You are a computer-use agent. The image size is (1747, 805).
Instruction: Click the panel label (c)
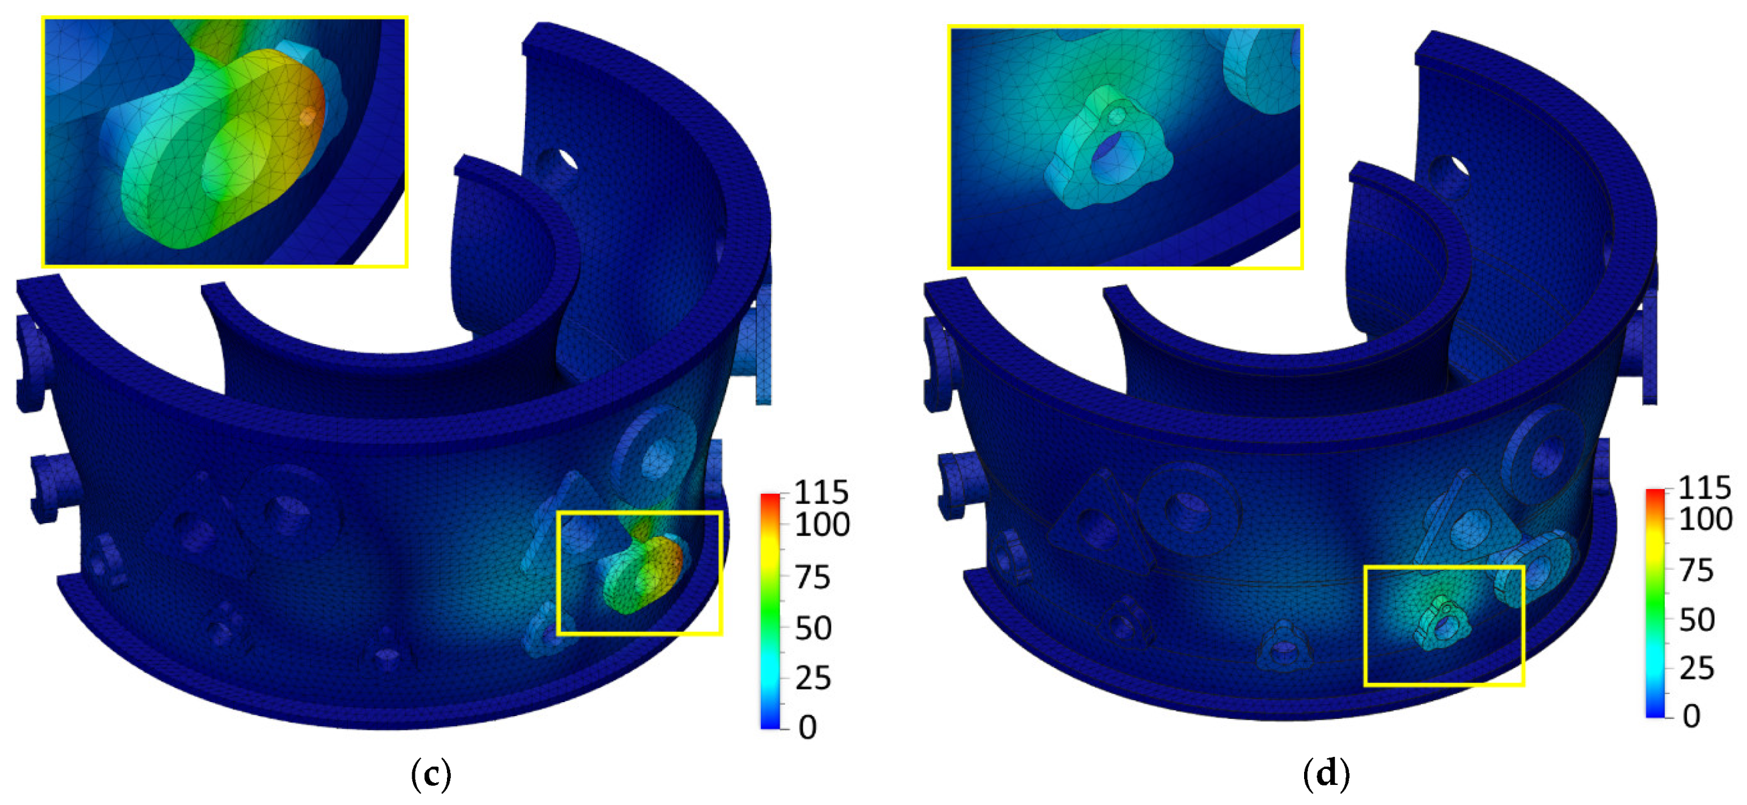432,774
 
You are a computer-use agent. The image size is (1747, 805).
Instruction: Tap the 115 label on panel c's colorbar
821,492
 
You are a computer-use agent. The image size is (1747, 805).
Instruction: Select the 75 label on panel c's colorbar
812,577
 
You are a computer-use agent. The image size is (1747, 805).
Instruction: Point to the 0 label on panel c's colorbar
808,727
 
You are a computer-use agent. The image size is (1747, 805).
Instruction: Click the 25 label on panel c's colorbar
812,677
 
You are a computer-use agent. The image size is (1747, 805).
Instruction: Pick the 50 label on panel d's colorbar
1697,619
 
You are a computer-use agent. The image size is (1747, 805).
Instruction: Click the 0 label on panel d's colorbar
1692,715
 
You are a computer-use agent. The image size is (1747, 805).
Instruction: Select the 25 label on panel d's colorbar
1697,669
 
